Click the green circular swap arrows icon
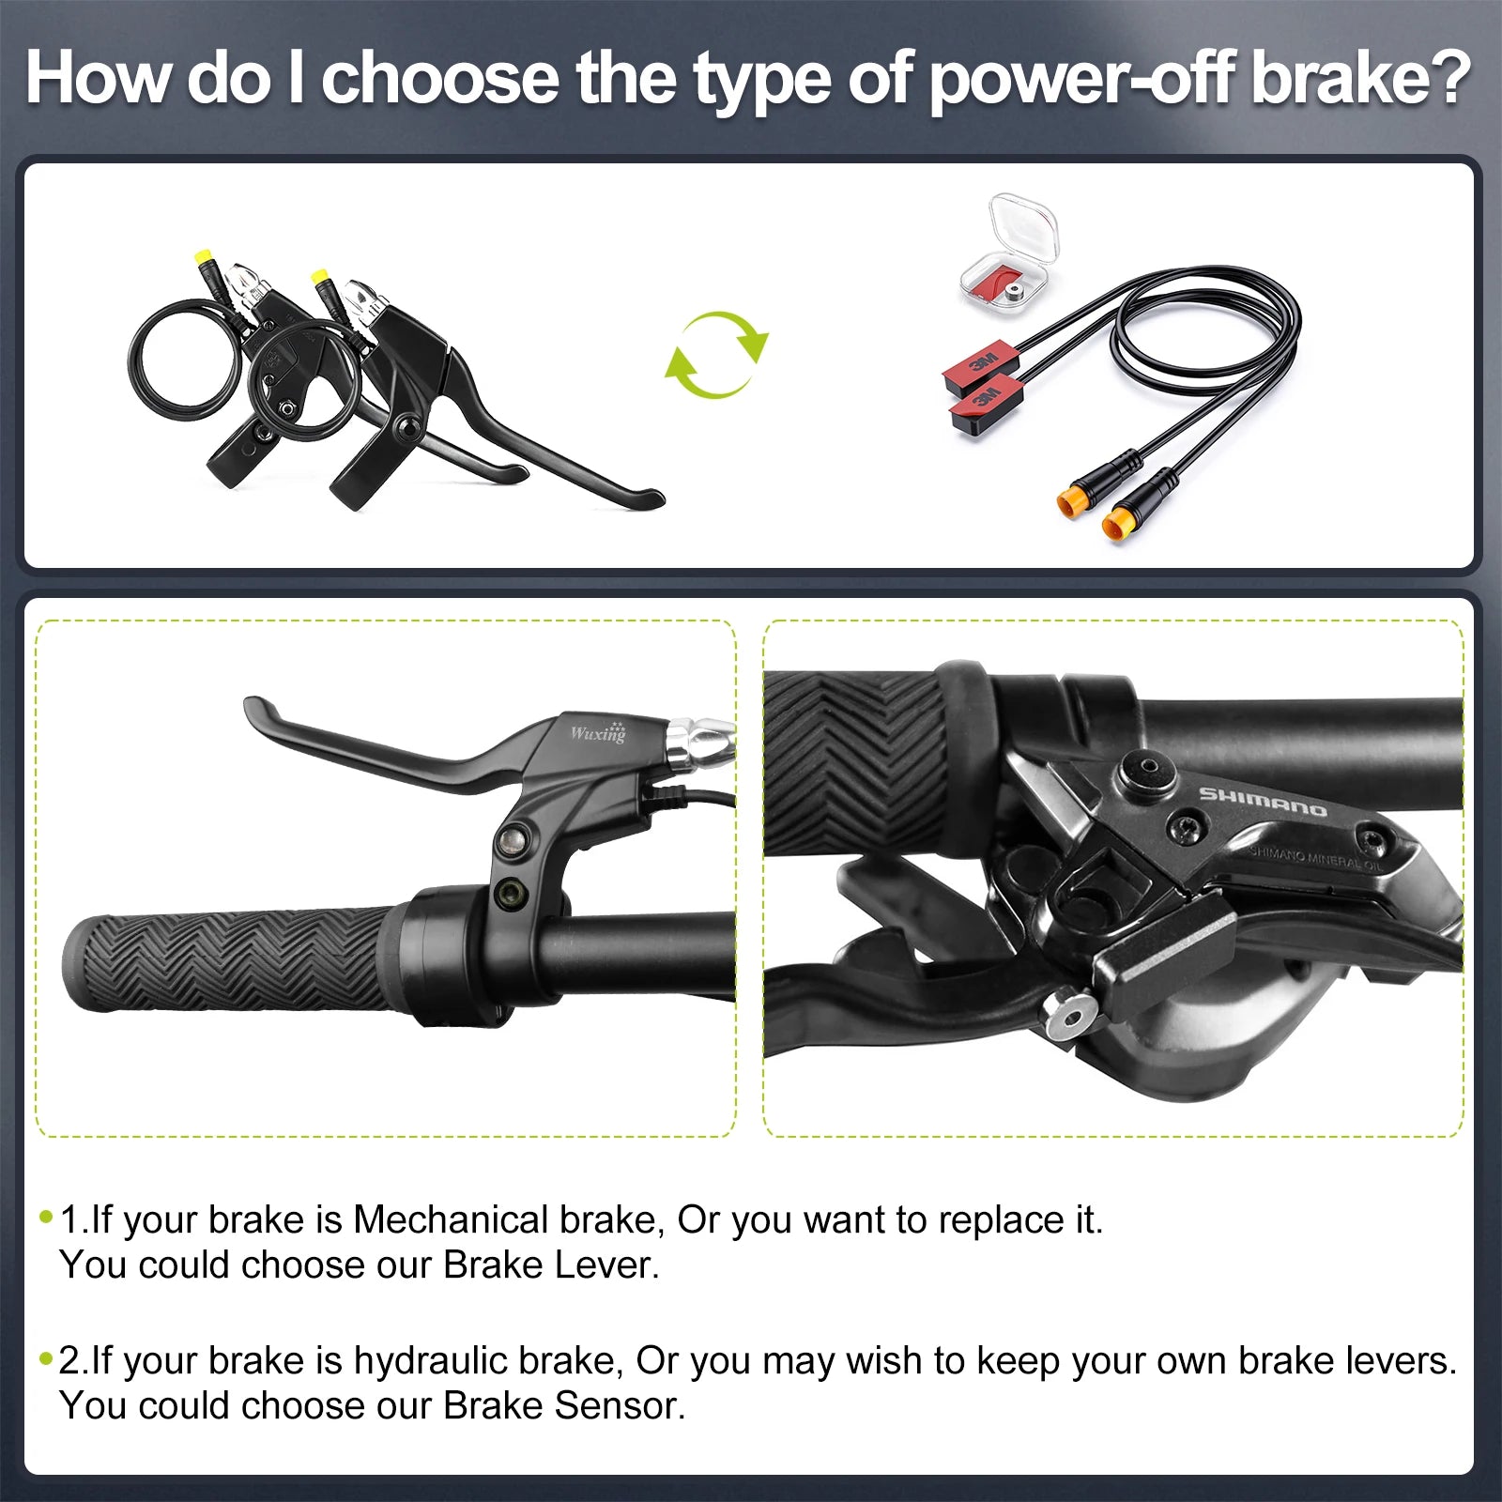[716, 354]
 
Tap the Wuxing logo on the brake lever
[598, 731]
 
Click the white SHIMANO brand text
[1263, 801]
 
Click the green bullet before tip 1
[46, 1218]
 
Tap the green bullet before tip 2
[46, 1358]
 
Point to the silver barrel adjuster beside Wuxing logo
[698, 740]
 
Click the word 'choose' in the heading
[440, 78]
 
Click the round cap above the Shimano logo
[1146, 771]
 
